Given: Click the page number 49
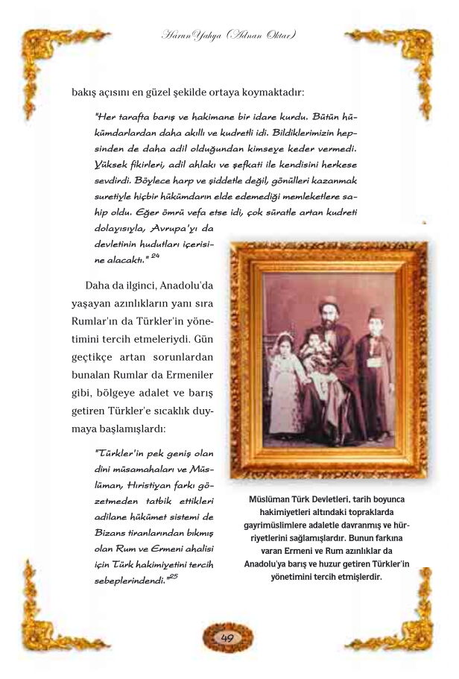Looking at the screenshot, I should tap(228, 638).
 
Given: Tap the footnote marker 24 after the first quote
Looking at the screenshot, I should tap(156, 256).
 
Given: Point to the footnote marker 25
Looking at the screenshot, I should tap(173, 575).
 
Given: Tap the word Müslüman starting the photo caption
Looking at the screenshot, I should tap(272, 499).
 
